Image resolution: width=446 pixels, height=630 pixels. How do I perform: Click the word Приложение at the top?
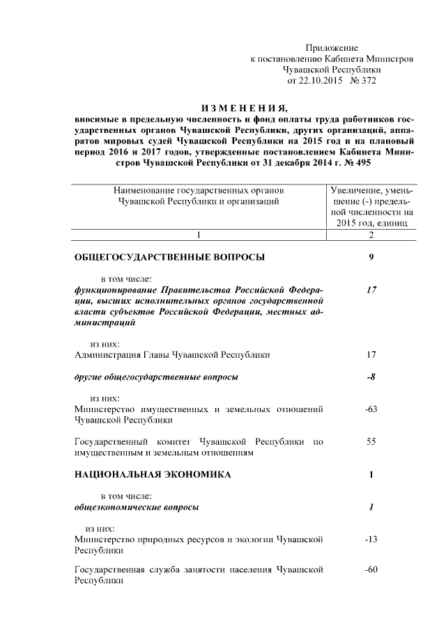pyautogui.click(x=332, y=49)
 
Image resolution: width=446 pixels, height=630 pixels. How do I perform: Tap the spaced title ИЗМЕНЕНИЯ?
pyautogui.click(x=243, y=109)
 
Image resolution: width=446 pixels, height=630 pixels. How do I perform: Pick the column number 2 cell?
pyautogui.click(x=371, y=234)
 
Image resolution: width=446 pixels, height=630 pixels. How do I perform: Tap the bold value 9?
pyautogui.click(x=371, y=258)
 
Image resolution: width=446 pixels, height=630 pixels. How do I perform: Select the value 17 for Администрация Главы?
pyautogui.click(x=371, y=355)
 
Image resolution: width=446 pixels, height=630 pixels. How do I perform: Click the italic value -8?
pyautogui.click(x=371, y=377)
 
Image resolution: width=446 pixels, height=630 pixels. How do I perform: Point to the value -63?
pyautogui.click(x=371, y=409)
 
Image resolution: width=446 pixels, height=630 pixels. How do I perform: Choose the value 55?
pyautogui.click(x=371, y=442)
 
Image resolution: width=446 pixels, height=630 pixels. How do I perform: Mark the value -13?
pyautogui.click(x=371, y=540)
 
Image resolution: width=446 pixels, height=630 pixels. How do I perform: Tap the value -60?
pyautogui.click(x=371, y=570)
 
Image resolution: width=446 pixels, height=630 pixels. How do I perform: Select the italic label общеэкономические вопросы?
pyautogui.click(x=136, y=507)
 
